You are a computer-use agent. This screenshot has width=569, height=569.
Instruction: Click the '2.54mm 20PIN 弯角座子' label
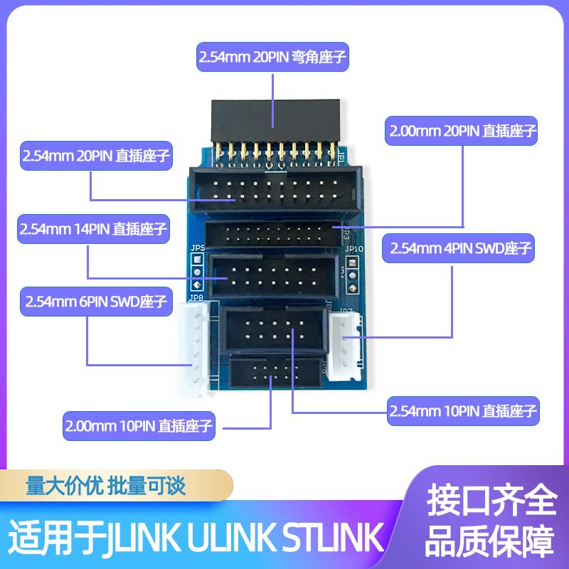[x=273, y=58]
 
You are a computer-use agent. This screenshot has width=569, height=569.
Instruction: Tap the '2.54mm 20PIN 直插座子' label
[x=96, y=155]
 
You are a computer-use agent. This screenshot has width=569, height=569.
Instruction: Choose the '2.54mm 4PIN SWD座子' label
[x=459, y=249]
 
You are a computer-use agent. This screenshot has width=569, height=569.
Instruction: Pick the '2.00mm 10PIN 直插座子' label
[x=139, y=427]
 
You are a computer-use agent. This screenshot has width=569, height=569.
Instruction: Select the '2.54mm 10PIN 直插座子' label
[x=463, y=410]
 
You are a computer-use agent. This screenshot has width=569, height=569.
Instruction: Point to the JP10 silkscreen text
[x=353, y=250]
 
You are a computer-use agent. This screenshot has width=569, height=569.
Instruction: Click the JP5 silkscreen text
[x=197, y=247]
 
